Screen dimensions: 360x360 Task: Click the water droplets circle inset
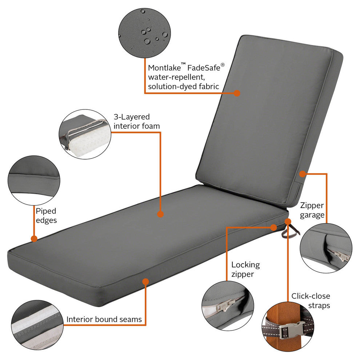click(144, 32)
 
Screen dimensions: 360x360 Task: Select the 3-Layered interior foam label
click(136, 121)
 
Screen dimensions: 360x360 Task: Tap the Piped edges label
click(46, 215)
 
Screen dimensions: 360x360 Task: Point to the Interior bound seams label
click(104, 320)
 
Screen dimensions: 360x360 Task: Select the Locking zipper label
click(245, 269)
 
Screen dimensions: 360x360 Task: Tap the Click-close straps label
click(311, 301)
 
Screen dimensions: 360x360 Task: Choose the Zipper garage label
click(312, 210)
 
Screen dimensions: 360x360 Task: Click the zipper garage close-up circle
click(326, 248)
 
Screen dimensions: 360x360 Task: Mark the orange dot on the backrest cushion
click(237, 93)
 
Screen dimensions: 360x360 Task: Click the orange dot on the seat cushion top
click(160, 215)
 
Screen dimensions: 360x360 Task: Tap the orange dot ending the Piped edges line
click(34, 239)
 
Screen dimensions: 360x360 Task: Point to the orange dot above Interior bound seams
click(146, 281)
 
